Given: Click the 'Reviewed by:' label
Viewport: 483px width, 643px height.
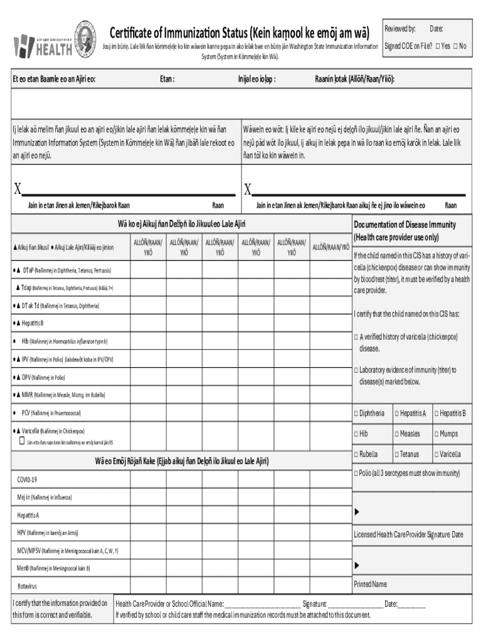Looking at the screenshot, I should [400, 29].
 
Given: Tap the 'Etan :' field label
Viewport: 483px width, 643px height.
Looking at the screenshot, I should [167, 79].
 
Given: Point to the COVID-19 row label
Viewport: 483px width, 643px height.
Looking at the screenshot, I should [27, 480].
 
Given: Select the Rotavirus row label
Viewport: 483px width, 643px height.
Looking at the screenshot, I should [29, 586].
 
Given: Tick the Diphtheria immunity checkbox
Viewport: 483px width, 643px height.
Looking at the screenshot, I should [356, 413].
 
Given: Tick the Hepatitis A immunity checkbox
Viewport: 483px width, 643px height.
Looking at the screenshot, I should [396, 413].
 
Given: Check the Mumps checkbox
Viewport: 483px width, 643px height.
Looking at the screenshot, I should [436, 434].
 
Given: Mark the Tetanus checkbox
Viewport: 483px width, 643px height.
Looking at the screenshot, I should [396, 454].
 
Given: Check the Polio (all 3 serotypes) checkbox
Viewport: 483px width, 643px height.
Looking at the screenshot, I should [356, 473].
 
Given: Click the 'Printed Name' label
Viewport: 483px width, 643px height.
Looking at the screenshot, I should [370, 584].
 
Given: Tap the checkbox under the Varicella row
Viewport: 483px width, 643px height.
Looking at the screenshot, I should [21, 441].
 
